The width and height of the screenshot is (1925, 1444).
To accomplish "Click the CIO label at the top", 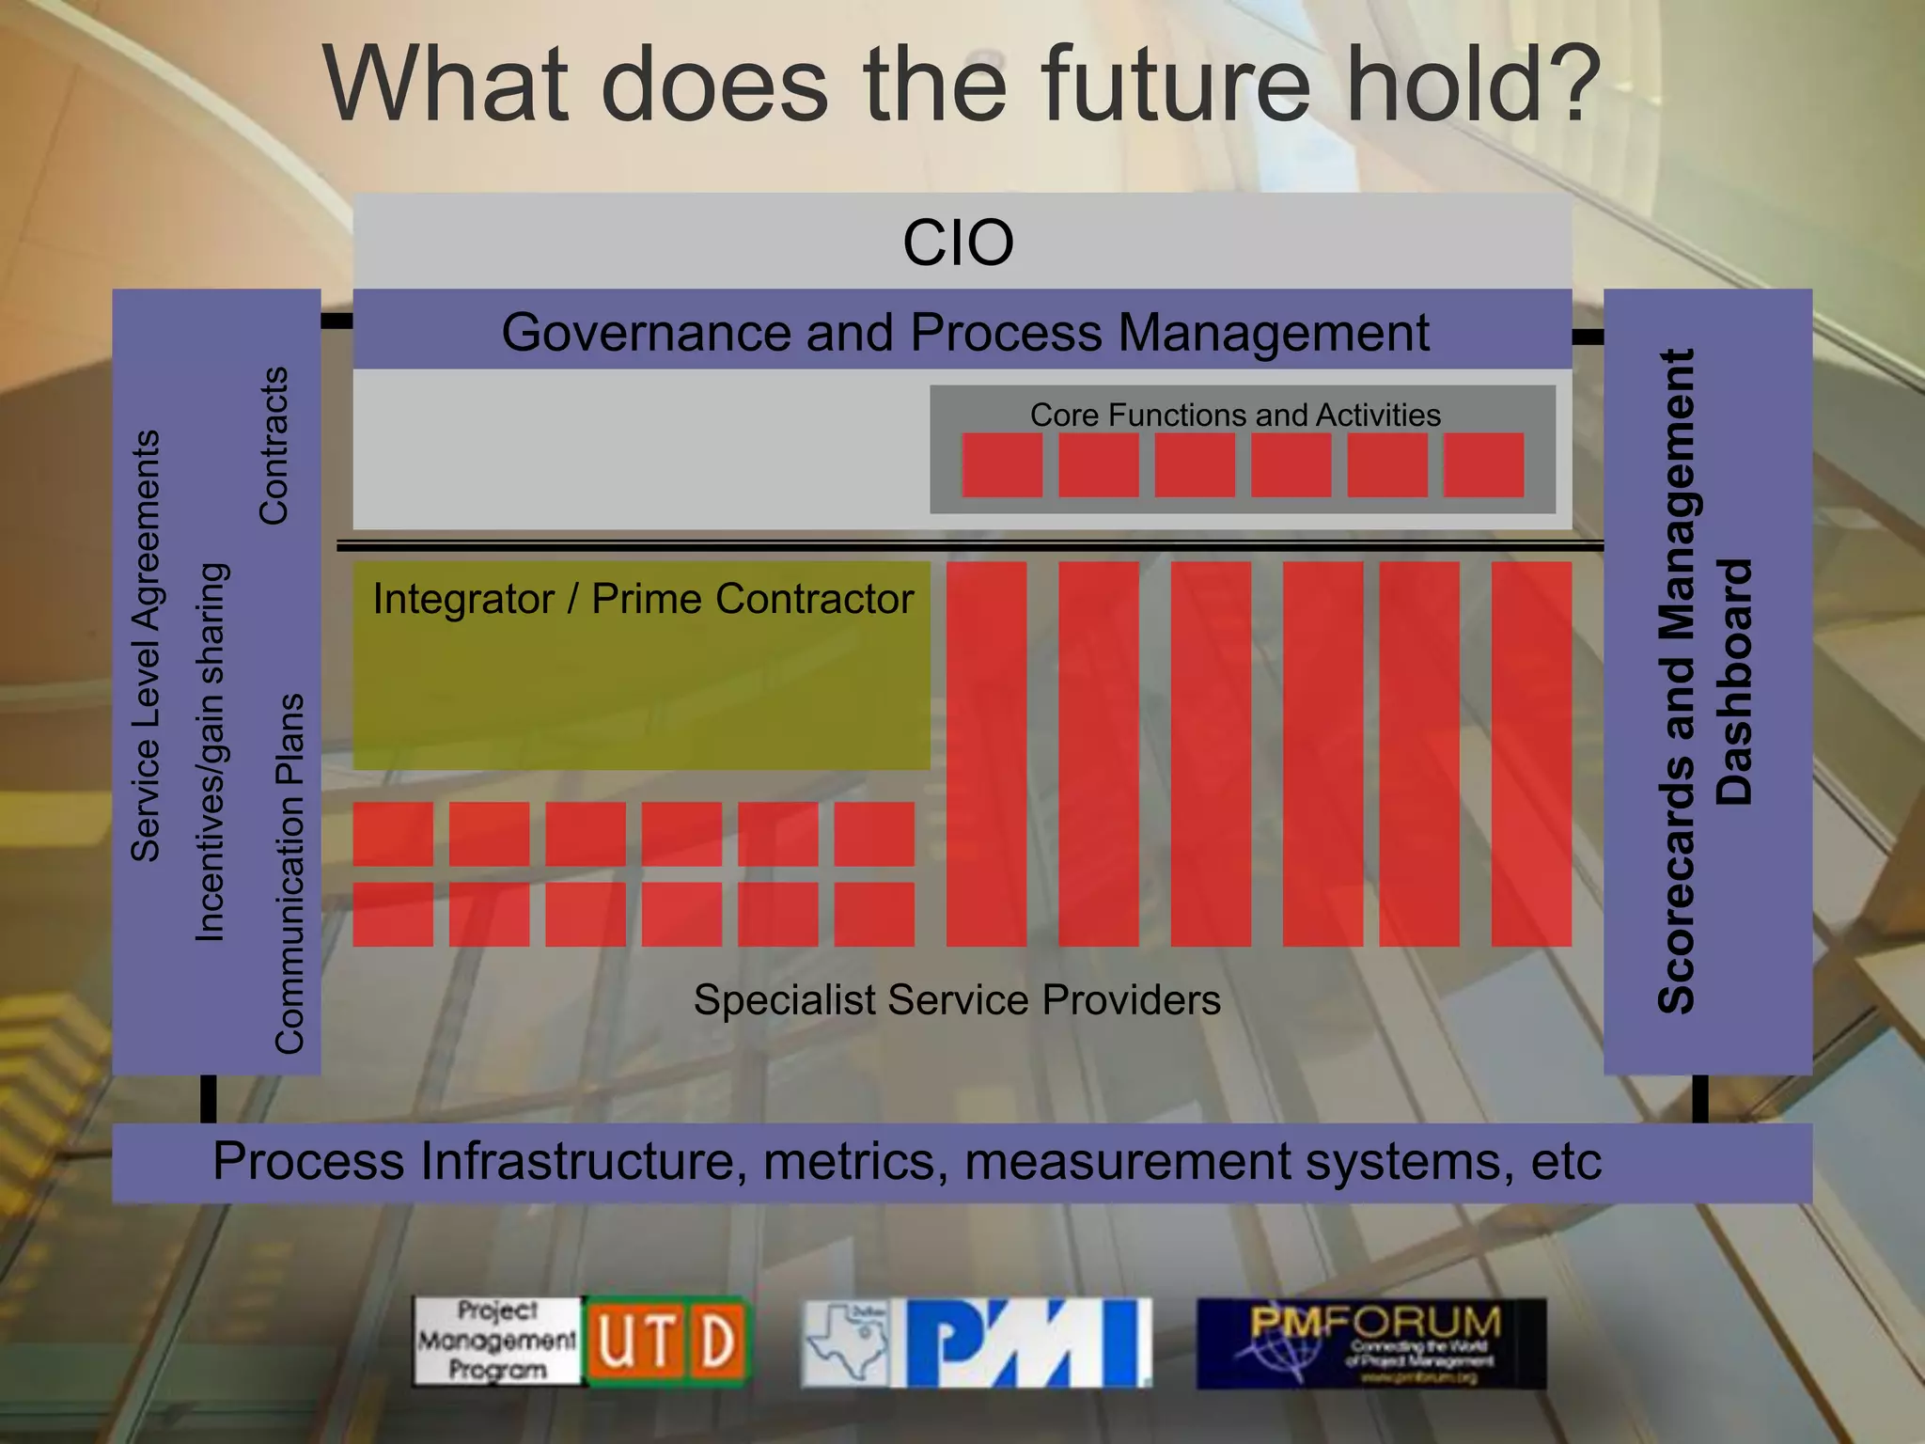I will (x=958, y=243).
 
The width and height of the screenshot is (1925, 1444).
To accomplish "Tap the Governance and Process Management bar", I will (x=964, y=332).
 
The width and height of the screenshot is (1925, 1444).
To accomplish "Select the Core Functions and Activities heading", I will (x=1235, y=415).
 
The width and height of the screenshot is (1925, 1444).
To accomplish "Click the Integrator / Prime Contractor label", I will (x=643, y=599).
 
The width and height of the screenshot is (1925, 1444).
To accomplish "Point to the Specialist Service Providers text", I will (x=957, y=999).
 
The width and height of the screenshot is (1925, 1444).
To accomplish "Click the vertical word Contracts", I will (x=274, y=446).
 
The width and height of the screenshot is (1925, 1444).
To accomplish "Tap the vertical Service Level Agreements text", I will (x=146, y=646).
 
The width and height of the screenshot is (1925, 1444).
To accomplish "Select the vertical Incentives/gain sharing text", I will (x=211, y=752).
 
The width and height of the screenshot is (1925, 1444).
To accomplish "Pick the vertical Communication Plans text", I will (x=290, y=873).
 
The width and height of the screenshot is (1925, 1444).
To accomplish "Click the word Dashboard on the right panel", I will (x=1734, y=683).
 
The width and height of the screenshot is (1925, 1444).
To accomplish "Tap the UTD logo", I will (x=667, y=1342).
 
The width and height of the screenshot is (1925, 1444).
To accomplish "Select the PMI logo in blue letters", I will (x=1027, y=1342).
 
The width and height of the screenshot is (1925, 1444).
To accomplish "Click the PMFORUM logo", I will (x=1370, y=1343).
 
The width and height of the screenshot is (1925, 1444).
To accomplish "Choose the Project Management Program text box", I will (x=497, y=1342).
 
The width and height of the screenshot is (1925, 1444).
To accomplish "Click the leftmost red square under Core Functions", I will (x=1002, y=464).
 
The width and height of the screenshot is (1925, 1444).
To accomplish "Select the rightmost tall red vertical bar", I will (x=1531, y=754).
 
